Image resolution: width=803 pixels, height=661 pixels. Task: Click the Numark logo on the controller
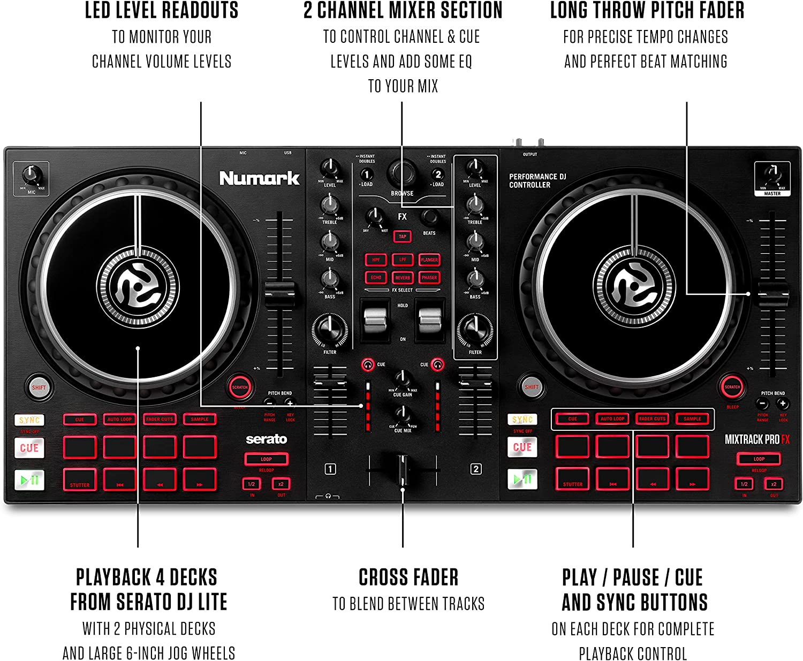(x=259, y=178)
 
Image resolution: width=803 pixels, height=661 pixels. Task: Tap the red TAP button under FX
(x=402, y=237)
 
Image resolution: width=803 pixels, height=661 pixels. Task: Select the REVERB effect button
(x=403, y=278)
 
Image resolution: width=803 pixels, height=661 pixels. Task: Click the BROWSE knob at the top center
(x=401, y=174)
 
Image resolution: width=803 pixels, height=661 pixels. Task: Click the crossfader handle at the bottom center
(x=402, y=469)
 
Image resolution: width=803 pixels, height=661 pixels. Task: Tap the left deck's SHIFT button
(x=39, y=388)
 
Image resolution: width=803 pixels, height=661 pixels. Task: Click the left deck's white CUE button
(x=29, y=448)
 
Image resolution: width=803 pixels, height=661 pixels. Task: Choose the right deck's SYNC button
(x=522, y=420)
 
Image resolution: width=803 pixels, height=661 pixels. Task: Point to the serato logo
(x=266, y=439)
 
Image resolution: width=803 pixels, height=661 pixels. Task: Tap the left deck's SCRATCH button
(x=239, y=387)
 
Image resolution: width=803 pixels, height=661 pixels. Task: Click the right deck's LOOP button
(x=759, y=459)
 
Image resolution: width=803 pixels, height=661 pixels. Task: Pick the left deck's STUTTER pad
(x=80, y=479)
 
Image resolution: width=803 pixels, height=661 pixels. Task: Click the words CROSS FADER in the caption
(x=408, y=578)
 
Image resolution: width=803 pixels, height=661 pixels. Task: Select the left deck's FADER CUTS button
(x=160, y=419)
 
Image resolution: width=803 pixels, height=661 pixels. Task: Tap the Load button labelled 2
(x=438, y=174)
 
